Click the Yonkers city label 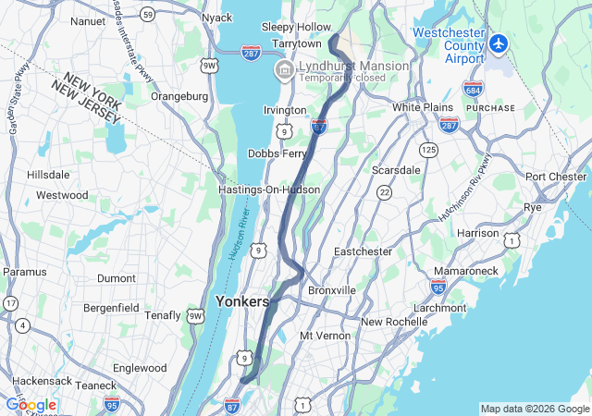[241, 301]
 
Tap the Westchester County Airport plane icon [499, 43]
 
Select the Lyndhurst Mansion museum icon [283, 70]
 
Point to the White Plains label [422, 107]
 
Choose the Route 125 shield [428, 149]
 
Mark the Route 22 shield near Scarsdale [383, 191]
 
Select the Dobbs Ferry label [277, 153]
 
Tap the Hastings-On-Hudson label [269, 190]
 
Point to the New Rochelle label [394, 322]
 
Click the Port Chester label [557, 177]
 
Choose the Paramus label [25, 272]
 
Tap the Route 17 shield [10, 302]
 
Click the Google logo [31, 404]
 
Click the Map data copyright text [535, 410]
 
